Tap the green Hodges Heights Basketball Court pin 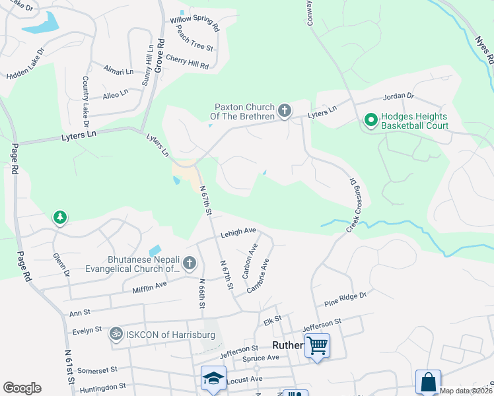pyautogui.click(x=370, y=120)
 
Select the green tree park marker pyautogui.click(x=60, y=217)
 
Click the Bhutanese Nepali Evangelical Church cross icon pyautogui.click(x=190, y=264)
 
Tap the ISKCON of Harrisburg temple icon pyautogui.click(x=116, y=335)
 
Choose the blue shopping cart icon pyautogui.click(x=318, y=345)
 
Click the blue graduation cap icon pyautogui.click(x=213, y=378)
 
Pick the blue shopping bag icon pyautogui.click(x=428, y=382)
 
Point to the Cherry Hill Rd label pyautogui.click(x=188, y=62)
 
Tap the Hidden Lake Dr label pyautogui.click(x=25, y=65)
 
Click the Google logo pyautogui.click(x=22, y=388)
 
